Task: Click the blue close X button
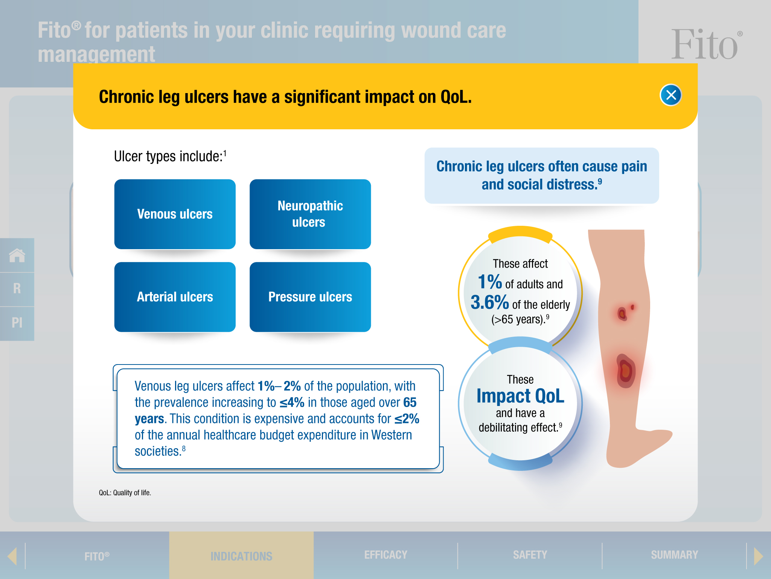tap(671, 95)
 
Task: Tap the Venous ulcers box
tap(175, 214)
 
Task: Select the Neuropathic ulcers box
tap(310, 214)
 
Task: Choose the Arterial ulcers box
tap(175, 297)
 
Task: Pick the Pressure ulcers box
tap(310, 297)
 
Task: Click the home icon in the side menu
tap(17, 255)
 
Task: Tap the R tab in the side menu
tap(17, 289)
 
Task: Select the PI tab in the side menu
tap(17, 323)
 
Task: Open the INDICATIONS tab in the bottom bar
tap(241, 556)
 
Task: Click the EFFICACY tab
tap(386, 555)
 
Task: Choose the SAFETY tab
tap(530, 555)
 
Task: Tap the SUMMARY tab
tap(674, 555)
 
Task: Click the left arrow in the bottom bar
tap(12, 556)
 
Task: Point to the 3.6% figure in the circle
tap(490, 302)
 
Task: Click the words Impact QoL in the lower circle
tap(520, 396)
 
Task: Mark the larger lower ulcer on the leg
tap(626, 371)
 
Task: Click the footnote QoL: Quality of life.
tap(125, 493)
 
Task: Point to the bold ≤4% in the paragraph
tap(292, 403)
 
